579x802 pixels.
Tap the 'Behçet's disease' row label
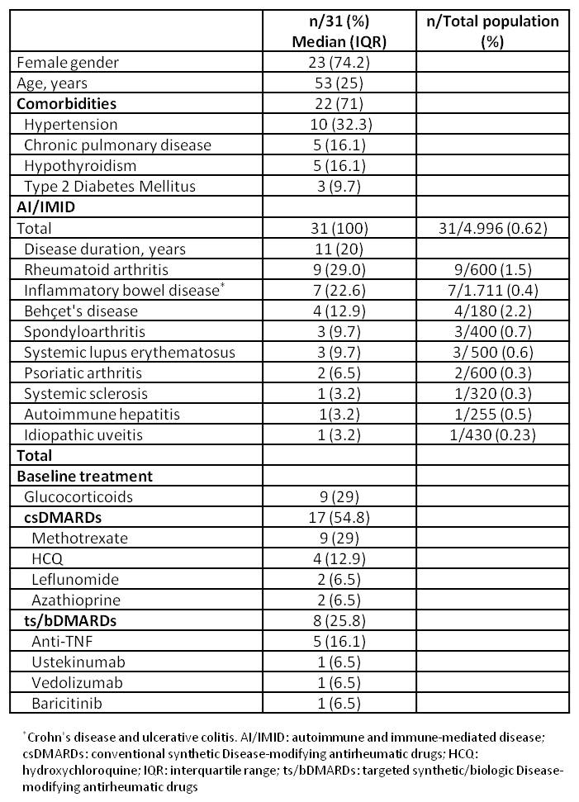tap(93, 311)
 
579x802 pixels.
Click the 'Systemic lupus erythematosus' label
tap(130, 352)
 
